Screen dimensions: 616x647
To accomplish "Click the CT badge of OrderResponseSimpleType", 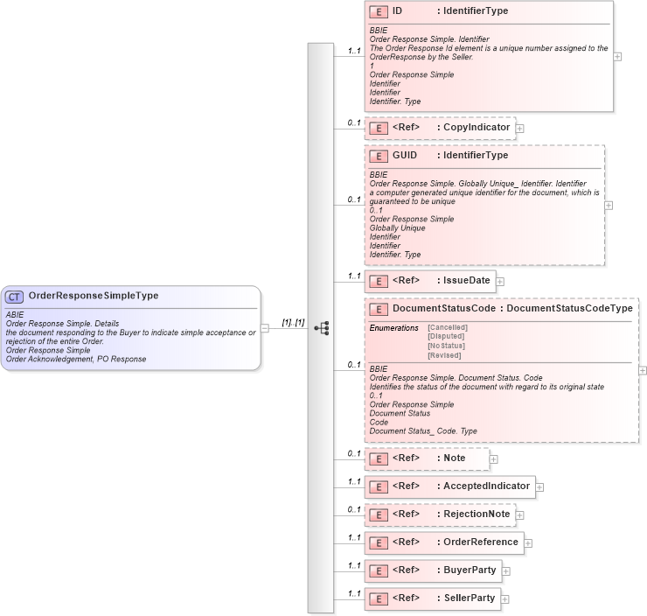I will click(15, 297).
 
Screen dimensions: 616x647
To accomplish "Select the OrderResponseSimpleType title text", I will click(94, 296).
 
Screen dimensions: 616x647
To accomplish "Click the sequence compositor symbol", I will click(321, 327).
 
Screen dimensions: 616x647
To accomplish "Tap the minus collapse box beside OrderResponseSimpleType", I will click(265, 327).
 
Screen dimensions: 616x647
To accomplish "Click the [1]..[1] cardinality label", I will click(293, 322).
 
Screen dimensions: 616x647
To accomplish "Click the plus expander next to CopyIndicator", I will click(520, 128).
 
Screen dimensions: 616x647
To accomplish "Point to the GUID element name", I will click(405, 156).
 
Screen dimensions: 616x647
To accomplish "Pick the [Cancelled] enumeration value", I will click(447, 326).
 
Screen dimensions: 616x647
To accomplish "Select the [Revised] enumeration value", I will click(444, 355).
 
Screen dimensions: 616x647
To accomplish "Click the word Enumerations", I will click(393, 326).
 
